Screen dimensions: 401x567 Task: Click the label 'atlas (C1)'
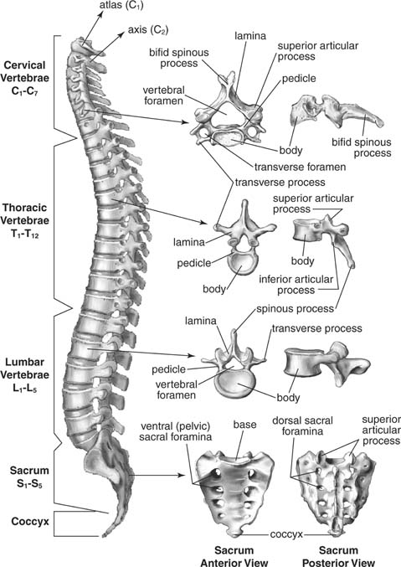coord(121,6)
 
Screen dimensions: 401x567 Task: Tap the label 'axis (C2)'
coord(148,29)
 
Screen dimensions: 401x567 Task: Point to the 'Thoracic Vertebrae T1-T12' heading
coord(25,220)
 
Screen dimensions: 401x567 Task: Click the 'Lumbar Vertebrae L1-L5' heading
coord(24,374)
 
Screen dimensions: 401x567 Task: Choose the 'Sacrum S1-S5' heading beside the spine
coord(29,477)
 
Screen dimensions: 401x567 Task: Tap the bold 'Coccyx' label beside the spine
coord(30,521)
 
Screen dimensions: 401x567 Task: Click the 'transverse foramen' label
coord(300,167)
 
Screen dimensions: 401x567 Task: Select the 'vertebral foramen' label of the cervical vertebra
coord(163,95)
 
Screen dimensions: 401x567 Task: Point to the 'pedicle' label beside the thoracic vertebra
coord(194,263)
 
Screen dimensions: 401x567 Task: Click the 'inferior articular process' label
coord(296,285)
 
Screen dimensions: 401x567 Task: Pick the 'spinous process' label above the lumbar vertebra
coord(295,309)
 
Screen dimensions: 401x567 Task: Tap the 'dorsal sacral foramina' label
coord(302,426)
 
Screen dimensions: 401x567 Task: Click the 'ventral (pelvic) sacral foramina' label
coord(175,431)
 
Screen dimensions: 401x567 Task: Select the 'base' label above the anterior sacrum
coord(244,424)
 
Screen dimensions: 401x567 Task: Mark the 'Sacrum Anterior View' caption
coord(234,556)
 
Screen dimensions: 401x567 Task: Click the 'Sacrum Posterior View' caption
coord(338,556)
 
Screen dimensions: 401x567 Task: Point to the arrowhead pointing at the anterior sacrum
coord(182,475)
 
